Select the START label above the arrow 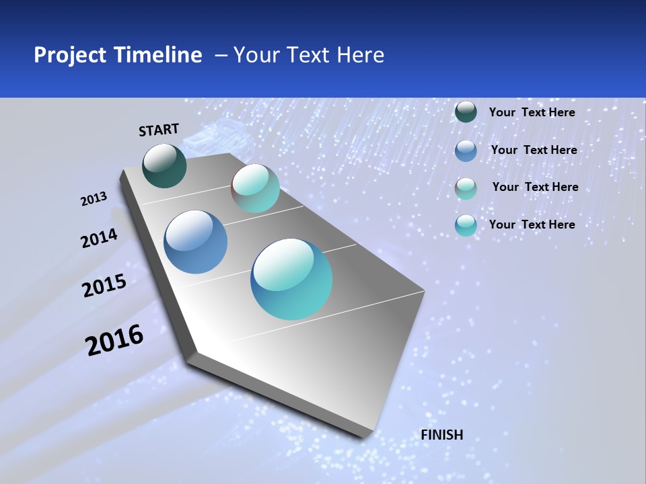159,130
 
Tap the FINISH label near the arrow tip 442,435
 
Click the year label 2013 94,199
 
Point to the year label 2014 100,239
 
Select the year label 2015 104,286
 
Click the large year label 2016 114,340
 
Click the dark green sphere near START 165,166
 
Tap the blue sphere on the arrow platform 196,242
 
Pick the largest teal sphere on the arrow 291,279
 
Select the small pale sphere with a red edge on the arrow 255,188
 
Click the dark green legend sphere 466,112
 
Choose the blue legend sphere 466,151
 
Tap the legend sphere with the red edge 466,188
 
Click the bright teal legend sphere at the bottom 466,225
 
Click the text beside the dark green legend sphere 532,112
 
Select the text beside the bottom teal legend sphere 532,225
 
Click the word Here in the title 360,55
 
